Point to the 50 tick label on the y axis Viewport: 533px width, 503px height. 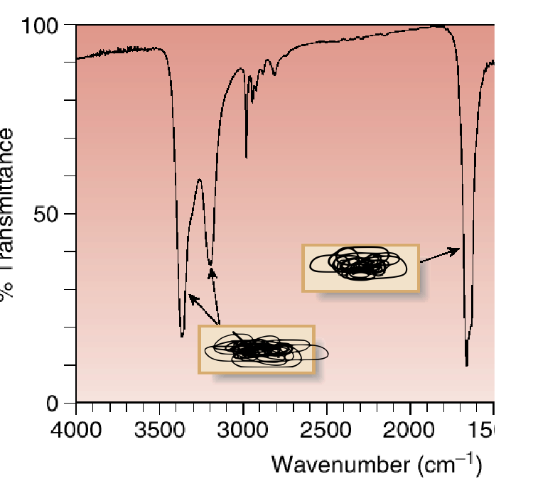point(50,214)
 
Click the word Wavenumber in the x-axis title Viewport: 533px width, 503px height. point(331,465)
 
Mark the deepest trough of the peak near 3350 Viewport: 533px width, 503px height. point(183,335)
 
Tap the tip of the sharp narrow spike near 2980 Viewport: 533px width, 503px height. point(246,157)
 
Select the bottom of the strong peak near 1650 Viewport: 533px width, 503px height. point(467,365)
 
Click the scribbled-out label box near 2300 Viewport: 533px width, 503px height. point(361,267)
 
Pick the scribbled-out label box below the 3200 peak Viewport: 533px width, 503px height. point(256,349)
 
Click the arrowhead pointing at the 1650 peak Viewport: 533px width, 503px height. point(456,249)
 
